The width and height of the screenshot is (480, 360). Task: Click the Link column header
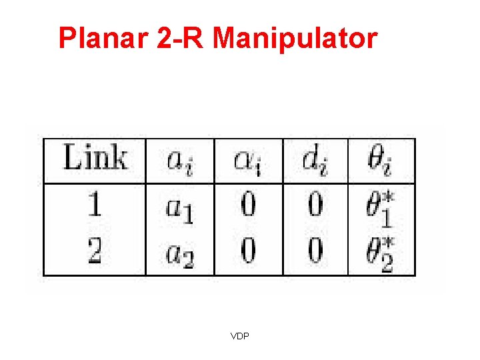click(x=95, y=160)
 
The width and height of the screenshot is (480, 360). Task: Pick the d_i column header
click(x=315, y=161)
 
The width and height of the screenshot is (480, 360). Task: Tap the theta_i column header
click(x=380, y=161)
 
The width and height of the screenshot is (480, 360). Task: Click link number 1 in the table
click(x=94, y=205)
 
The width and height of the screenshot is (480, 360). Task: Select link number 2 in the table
click(x=94, y=251)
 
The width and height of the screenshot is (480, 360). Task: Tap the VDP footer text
click(x=239, y=336)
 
